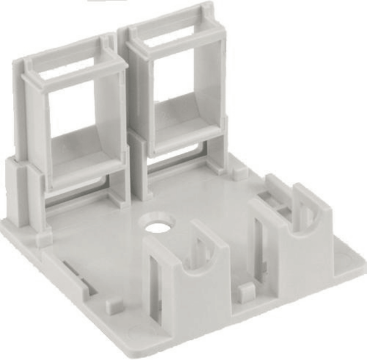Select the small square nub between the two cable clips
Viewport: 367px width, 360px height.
[245, 290]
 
